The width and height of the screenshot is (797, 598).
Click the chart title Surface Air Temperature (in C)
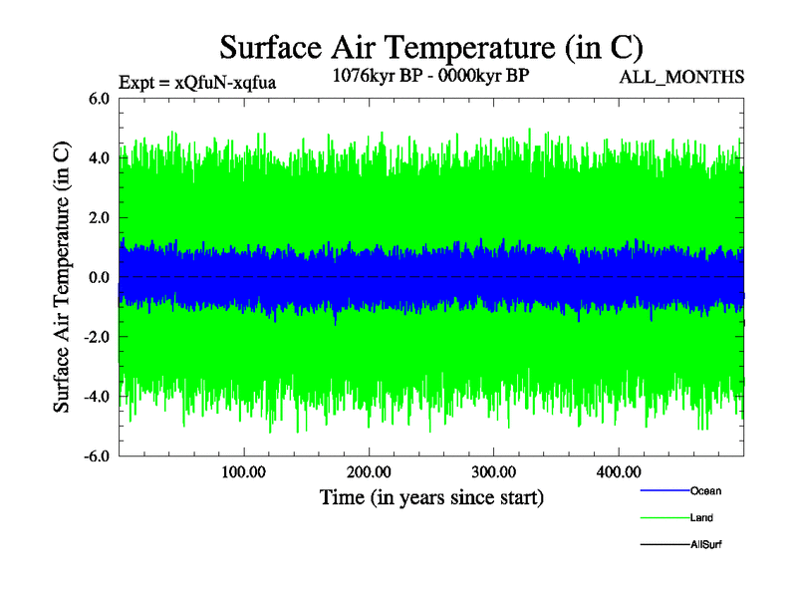coord(431,47)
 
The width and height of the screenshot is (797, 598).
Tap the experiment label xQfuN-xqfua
coord(196,83)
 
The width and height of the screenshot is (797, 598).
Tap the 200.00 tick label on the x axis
coord(369,470)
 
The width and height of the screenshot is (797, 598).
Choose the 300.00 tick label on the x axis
coord(493,470)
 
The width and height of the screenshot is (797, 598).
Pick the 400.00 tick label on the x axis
coord(618,470)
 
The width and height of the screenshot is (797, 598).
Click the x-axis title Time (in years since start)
coord(431,496)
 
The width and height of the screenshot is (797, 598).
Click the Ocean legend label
coord(705,490)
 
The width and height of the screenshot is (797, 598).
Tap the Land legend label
coord(701,517)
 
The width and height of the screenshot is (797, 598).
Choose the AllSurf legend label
coord(705,544)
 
